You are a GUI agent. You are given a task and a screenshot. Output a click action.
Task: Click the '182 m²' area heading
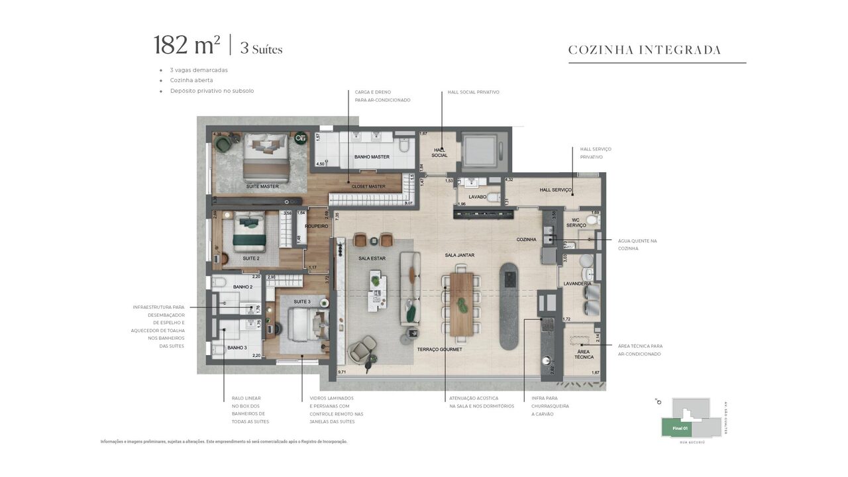pyautogui.click(x=187, y=46)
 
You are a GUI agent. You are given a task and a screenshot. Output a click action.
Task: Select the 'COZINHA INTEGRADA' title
pyautogui.click(x=644, y=50)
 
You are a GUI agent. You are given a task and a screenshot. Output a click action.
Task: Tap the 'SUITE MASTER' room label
pyautogui.click(x=262, y=187)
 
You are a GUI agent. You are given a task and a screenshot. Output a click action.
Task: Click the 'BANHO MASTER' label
pyautogui.click(x=372, y=157)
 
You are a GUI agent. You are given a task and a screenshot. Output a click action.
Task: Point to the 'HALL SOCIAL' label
pyautogui.click(x=439, y=153)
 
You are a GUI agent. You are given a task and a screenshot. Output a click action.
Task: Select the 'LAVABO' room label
pyautogui.click(x=477, y=197)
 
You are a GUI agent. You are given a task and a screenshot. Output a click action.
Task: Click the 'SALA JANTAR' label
pyautogui.click(x=459, y=255)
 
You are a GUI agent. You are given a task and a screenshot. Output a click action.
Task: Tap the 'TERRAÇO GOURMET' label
pyautogui.click(x=439, y=349)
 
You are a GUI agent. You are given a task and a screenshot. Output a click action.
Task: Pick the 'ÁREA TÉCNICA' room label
pyautogui.click(x=584, y=354)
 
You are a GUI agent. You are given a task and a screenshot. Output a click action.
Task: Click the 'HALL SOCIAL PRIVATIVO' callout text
pyautogui.click(x=473, y=92)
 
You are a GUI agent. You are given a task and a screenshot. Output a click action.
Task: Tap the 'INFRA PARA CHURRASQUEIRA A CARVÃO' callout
pyautogui.click(x=550, y=406)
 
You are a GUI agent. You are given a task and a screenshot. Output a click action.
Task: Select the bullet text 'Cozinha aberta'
pyautogui.click(x=191, y=80)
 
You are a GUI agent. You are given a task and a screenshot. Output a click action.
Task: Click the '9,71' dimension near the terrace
pyautogui.click(x=342, y=373)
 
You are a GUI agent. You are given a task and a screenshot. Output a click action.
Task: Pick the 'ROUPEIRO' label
pyautogui.click(x=317, y=227)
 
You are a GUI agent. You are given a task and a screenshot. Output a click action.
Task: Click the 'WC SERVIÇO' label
pyautogui.click(x=576, y=223)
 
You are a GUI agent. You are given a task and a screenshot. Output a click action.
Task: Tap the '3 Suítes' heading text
pyautogui.click(x=261, y=49)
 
